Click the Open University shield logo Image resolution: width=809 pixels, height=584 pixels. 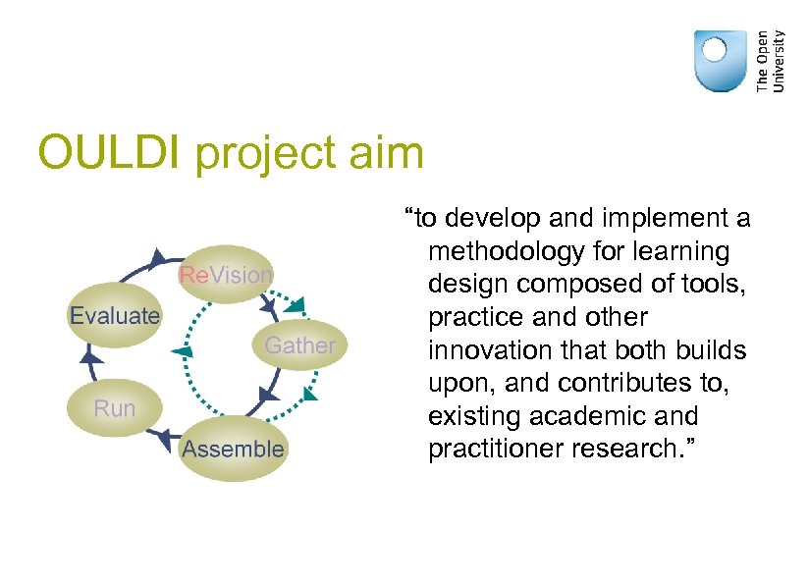coord(720,61)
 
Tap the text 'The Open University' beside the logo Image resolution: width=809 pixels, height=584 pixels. coord(772,61)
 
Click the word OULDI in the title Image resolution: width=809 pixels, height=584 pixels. coord(111,154)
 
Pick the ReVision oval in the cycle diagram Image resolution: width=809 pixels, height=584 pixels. coord(226,274)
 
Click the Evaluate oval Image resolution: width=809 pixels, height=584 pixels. coord(114,315)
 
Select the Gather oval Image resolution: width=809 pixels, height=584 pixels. coord(299,345)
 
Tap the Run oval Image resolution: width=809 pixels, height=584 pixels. coord(114,407)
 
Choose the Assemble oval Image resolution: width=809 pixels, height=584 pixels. coord(233,450)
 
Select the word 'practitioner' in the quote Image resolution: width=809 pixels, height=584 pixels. coord(498,449)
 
